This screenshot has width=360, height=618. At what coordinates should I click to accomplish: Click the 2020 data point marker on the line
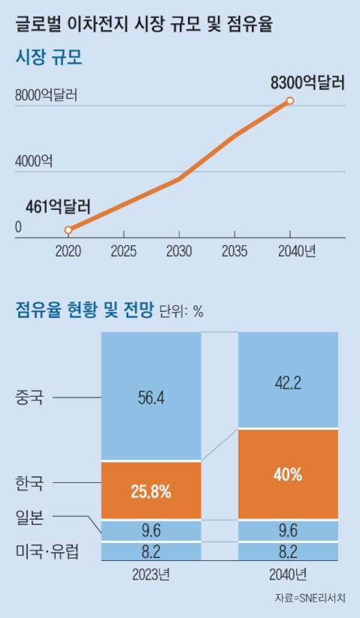pos(68,230)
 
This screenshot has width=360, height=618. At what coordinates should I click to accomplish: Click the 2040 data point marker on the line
pos(290,100)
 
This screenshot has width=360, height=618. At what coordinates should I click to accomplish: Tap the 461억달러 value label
pos(58,205)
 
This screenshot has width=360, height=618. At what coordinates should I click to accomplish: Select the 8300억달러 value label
pos(307,82)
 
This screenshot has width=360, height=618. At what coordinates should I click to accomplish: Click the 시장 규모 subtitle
pos(49,58)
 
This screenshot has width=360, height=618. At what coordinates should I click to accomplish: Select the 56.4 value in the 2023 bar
pos(151,398)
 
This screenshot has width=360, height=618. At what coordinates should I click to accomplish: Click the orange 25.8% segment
pos(151,492)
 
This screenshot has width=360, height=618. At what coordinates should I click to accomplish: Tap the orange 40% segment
pos(288,474)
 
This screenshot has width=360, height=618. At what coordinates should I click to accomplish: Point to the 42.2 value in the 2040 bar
pos(288,383)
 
